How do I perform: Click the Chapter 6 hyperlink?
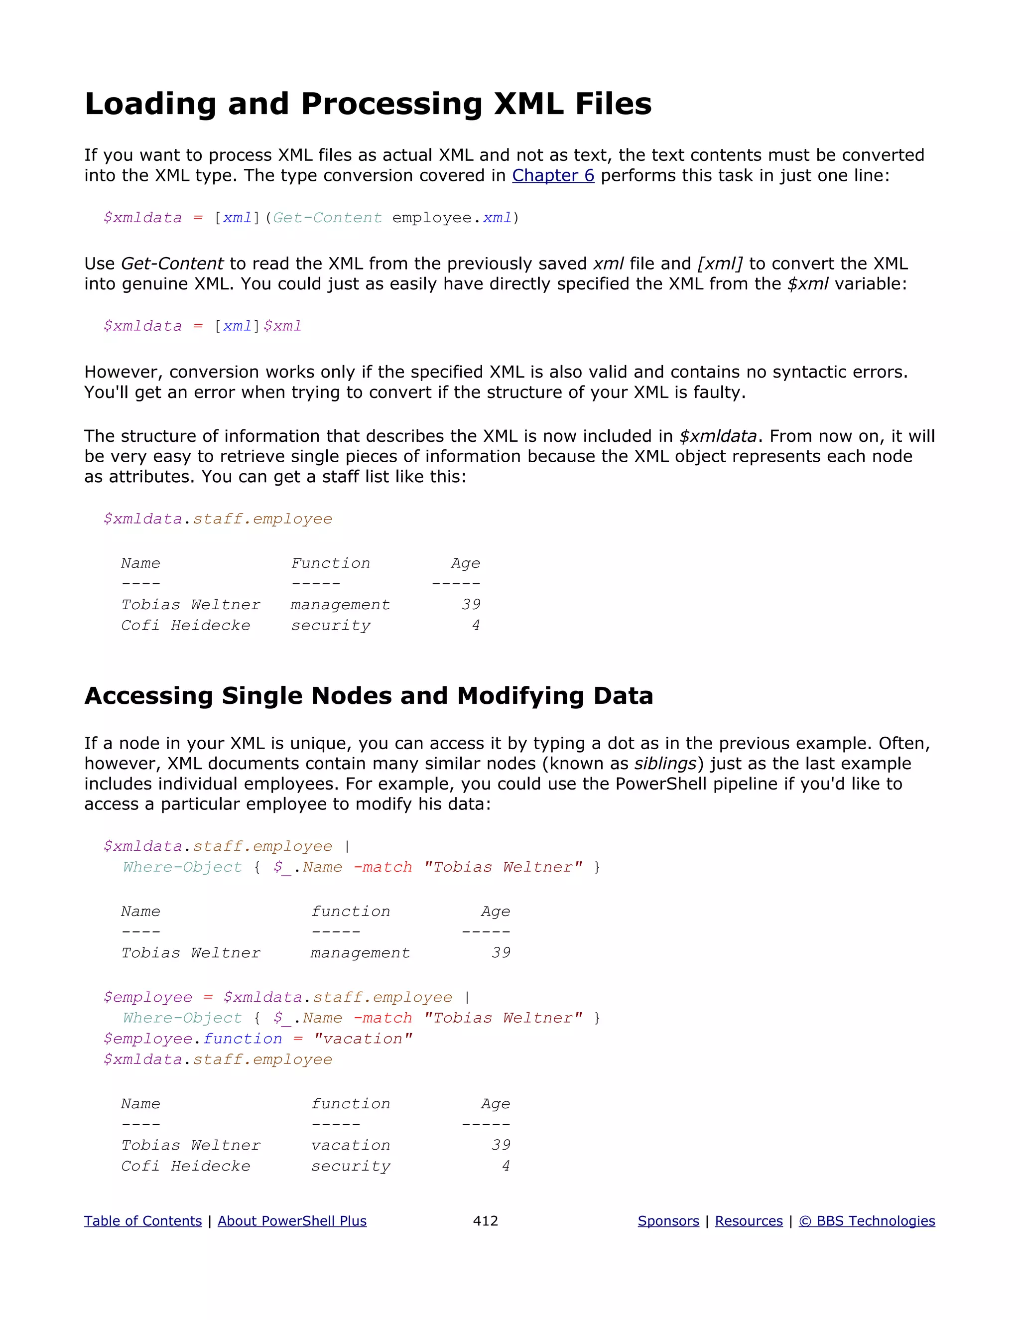[x=553, y=175]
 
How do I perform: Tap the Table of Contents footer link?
[x=142, y=1221]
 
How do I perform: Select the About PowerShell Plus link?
[x=292, y=1221]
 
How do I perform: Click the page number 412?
[x=485, y=1221]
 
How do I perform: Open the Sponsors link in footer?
[x=668, y=1221]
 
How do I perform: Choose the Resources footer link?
[x=749, y=1221]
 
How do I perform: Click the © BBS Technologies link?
[x=867, y=1221]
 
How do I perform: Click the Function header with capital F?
[x=331, y=563]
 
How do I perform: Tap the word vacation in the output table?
[x=351, y=1145]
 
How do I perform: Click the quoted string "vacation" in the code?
[x=363, y=1039]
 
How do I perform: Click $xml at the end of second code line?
[x=282, y=326]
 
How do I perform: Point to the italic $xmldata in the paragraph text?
[x=718, y=436]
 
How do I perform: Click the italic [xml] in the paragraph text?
[x=720, y=264]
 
